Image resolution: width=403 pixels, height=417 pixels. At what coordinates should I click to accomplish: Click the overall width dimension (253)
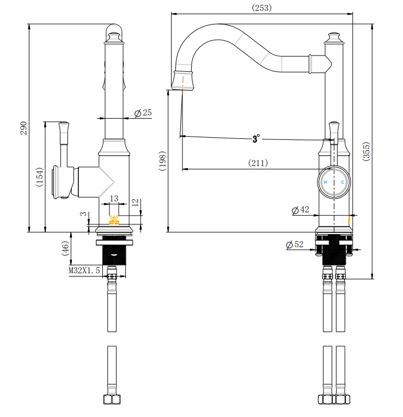coord(261,8)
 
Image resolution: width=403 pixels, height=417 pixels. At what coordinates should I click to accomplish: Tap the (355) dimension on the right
coord(367,151)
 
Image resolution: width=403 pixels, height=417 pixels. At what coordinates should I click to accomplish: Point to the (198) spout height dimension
coord(162,161)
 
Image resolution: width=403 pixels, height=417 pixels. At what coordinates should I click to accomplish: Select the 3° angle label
coord(256,139)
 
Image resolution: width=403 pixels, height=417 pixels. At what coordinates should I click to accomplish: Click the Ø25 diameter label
coord(143,113)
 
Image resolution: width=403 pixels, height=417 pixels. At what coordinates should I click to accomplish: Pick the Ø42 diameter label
coord(301,210)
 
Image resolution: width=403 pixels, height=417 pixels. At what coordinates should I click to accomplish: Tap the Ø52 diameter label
coord(295,245)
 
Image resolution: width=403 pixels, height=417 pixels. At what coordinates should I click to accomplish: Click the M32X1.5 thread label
coord(84,270)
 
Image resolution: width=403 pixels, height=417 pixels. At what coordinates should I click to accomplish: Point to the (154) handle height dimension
coord(39,177)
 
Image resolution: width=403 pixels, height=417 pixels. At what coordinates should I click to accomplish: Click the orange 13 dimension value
coord(114,199)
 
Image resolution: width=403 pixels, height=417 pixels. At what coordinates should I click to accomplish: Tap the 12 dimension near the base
coord(135,203)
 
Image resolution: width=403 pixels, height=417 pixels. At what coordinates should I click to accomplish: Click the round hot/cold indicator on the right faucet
coord(334,182)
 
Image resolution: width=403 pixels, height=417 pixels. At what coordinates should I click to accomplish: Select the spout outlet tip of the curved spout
coord(183,81)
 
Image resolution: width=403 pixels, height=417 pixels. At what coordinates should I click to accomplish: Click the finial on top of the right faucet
coord(333,38)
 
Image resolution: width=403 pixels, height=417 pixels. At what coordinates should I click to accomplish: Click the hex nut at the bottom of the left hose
coord(112,400)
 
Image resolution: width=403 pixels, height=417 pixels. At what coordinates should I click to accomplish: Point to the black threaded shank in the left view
coord(114,253)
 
